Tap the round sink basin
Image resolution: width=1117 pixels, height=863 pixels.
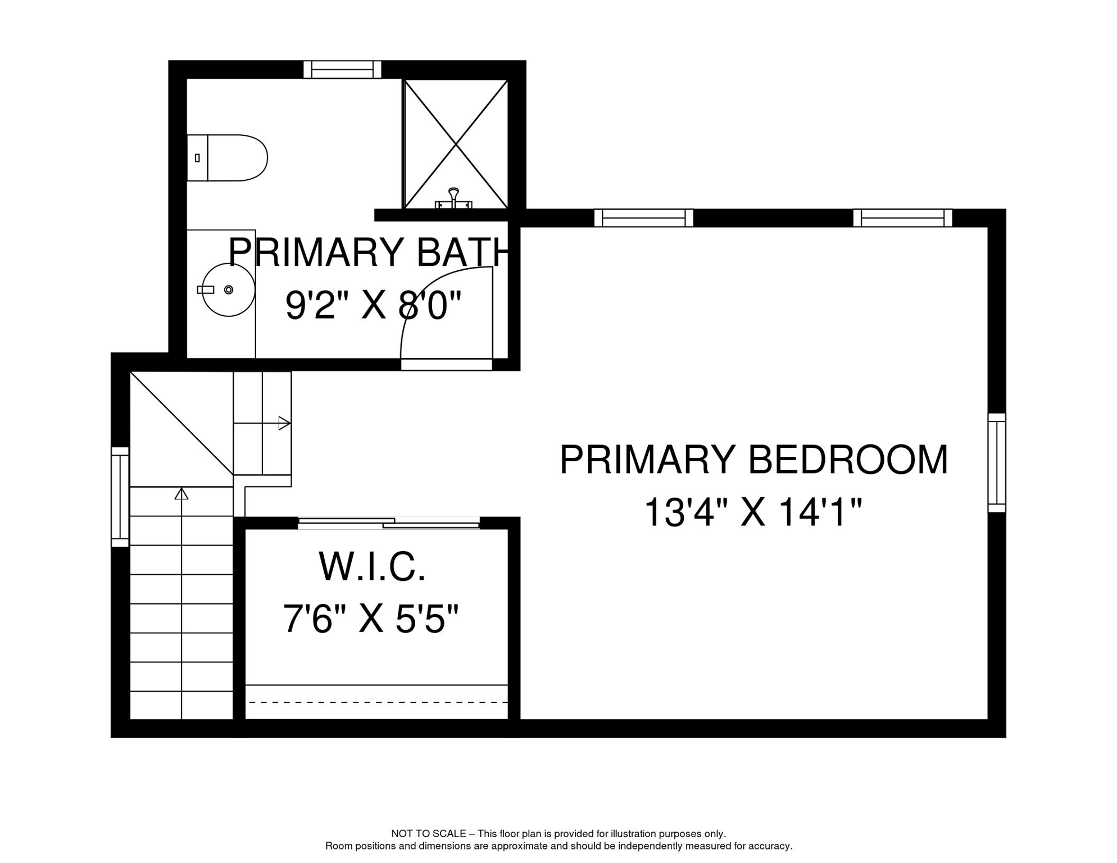tap(228, 290)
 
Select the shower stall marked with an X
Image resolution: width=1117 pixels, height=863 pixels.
tap(456, 144)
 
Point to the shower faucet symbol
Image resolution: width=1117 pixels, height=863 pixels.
tap(453, 199)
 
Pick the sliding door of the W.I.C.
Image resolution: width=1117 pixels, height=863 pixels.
tap(389, 523)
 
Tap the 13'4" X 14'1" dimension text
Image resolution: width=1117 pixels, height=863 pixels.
tap(752, 512)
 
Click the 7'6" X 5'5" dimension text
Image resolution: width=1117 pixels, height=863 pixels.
tap(371, 619)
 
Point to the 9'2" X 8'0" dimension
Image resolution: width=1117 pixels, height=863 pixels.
tap(373, 306)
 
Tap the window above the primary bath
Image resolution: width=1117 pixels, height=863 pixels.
tap(342, 70)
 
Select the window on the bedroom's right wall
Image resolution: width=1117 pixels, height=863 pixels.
tap(997, 462)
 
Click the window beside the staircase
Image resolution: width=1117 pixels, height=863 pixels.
tap(120, 497)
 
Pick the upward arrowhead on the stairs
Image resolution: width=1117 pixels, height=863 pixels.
tap(181, 494)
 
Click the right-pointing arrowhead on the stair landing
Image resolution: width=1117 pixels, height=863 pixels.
tap(284, 423)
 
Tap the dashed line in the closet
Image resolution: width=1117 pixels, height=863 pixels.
tap(378, 702)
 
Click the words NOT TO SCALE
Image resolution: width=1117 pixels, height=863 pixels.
tap(428, 834)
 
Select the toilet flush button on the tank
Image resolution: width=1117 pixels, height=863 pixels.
tap(197, 158)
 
